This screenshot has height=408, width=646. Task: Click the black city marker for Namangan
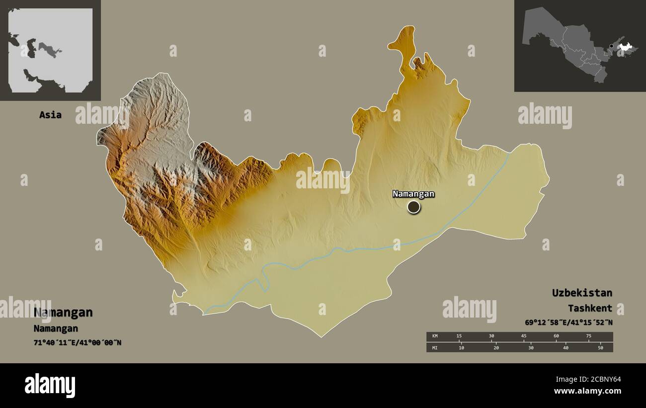click(413, 207)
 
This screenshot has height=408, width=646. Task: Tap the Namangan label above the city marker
click(413, 194)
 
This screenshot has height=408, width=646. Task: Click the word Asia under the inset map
click(50, 115)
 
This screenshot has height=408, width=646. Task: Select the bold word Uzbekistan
click(582, 293)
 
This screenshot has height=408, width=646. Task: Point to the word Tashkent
click(590, 309)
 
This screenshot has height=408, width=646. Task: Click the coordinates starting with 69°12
click(568, 323)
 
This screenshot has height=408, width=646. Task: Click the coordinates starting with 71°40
click(77, 342)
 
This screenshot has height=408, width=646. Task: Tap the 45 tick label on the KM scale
click(524, 336)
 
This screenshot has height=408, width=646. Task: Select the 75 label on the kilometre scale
click(588, 336)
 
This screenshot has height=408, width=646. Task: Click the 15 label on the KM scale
click(459, 336)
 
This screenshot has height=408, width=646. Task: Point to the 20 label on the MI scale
click(496, 348)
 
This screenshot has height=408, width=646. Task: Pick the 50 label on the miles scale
click(600, 348)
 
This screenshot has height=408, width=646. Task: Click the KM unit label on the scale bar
click(435, 336)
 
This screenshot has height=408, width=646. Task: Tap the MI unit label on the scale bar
click(435, 348)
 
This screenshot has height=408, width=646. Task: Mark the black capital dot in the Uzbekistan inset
click(611, 46)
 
